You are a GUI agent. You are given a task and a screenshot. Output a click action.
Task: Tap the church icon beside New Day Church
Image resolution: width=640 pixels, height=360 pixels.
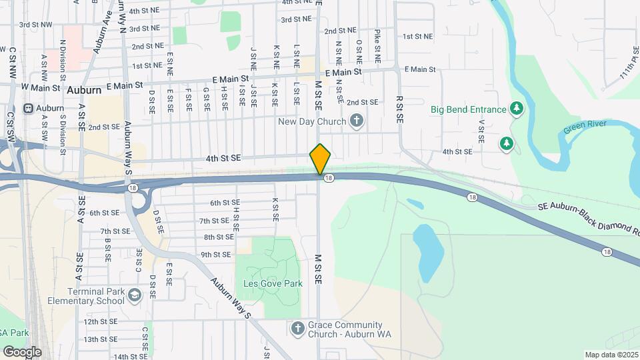coord(357,121)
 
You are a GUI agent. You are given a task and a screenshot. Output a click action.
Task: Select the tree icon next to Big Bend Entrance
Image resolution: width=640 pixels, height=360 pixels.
coord(515,108)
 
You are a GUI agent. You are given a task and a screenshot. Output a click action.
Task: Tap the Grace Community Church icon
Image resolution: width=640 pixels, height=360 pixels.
coord(298,329)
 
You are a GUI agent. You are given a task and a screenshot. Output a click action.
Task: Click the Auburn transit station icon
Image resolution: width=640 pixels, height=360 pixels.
coord(28,108)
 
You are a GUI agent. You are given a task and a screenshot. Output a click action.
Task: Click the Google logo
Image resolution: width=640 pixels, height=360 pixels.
coord(22,351)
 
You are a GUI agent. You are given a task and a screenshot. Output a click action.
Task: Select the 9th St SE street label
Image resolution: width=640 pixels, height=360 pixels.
coord(215,254)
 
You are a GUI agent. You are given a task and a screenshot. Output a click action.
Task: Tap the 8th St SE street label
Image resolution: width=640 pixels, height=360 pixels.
coord(219,237)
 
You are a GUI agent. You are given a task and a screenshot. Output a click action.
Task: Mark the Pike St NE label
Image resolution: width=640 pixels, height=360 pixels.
coord(377,46)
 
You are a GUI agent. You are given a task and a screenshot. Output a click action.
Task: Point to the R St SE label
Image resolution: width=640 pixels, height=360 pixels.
coord(399,108)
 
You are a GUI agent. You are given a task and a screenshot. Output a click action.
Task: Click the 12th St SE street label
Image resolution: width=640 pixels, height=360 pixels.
coord(101,321)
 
